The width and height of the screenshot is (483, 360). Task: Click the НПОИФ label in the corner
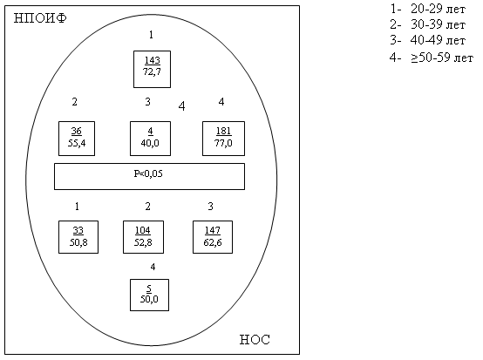(x=40, y=18)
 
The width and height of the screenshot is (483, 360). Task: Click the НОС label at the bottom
(x=255, y=340)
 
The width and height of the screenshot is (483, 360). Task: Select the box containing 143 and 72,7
(x=152, y=69)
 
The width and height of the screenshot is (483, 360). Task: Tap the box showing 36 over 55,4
(x=77, y=139)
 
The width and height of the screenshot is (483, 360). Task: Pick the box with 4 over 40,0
(x=150, y=139)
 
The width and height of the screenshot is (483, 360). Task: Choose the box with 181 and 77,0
(x=224, y=139)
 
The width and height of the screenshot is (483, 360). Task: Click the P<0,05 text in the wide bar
(x=148, y=173)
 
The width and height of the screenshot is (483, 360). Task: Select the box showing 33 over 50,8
(x=78, y=237)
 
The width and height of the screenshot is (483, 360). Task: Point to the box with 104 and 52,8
(x=143, y=237)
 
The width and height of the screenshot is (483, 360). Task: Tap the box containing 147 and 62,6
(x=213, y=237)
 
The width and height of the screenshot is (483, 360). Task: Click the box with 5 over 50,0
(x=149, y=295)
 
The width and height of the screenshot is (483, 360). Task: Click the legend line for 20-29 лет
(x=427, y=10)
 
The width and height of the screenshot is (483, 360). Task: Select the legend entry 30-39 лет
(x=427, y=24)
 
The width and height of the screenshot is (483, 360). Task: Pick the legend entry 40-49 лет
(x=427, y=40)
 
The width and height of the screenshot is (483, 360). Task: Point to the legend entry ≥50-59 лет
(x=432, y=58)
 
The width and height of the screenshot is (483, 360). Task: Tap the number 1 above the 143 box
(x=151, y=35)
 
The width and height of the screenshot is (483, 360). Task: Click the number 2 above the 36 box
(x=75, y=102)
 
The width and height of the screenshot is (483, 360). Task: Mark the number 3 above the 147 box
(x=210, y=206)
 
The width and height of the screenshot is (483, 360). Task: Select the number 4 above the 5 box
(x=153, y=267)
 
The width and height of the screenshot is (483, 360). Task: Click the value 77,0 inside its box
(x=223, y=143)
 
